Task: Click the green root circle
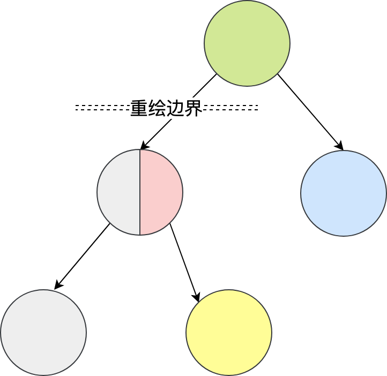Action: [x=247, y=43]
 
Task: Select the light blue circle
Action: [x=344, y=193]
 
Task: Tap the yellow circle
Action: [x=229, y=333]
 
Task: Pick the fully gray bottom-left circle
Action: [x=43, y=333]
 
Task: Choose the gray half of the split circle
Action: [x=118, y=192]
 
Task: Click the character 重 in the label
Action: [x=139, y=108]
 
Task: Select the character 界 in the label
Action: [x=193, y=108]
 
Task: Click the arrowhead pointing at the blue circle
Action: [x=340, y=146]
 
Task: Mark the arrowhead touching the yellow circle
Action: [x=197, y=297]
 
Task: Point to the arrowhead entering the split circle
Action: [x=143, y=146]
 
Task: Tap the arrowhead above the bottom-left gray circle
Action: [x=58, y=285]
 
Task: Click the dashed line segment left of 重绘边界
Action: [x=102, y=108]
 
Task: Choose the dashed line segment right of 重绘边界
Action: [x=230, y=108]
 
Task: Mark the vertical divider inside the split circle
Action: [x=140, y=192]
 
